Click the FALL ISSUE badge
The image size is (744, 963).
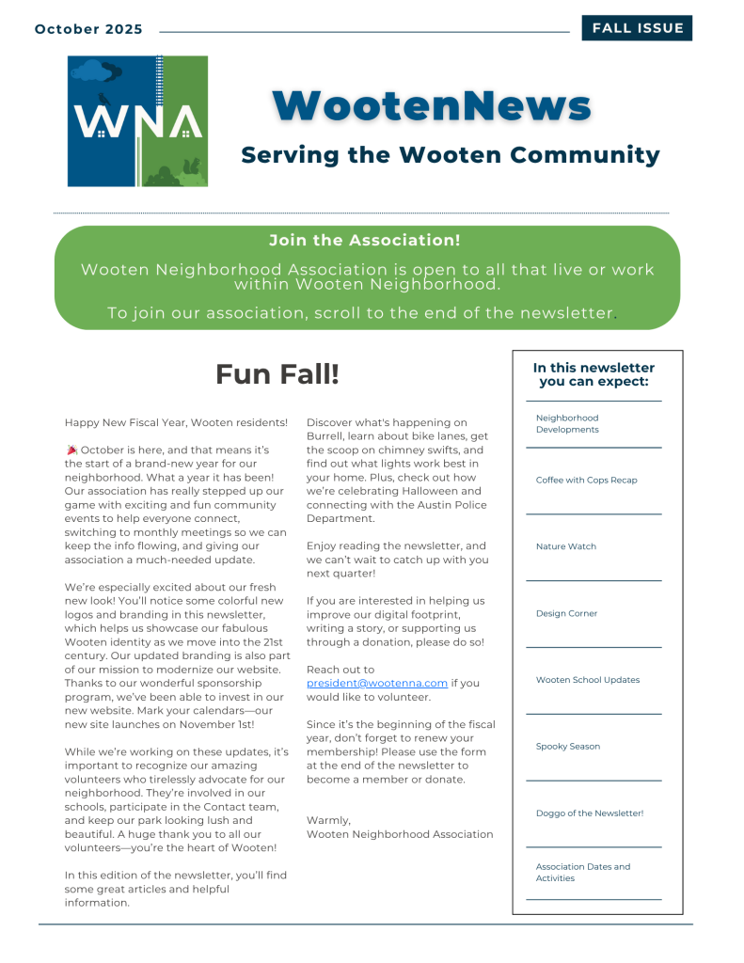point(637,28)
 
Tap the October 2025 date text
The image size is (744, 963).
point(88,29)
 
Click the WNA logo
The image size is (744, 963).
point(137,120)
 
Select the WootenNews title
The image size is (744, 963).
point(432,105)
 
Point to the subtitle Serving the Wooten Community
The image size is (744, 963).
point(451,154)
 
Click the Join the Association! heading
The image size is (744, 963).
point(365,241)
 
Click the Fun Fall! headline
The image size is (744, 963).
point(277,374)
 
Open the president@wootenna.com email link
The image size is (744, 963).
point(377,684)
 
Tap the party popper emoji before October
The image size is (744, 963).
point(71,450)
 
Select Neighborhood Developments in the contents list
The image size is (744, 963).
point(567,423)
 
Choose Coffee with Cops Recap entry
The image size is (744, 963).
point(586,480)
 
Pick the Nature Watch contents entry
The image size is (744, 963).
point(566,546)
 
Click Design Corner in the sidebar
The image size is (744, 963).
point(566,613)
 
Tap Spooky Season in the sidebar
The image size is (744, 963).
point(568,747)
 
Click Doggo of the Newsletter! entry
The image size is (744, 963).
point(590,813)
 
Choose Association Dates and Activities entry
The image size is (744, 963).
point(583,873)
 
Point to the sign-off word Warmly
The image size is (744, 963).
point(328,820)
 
